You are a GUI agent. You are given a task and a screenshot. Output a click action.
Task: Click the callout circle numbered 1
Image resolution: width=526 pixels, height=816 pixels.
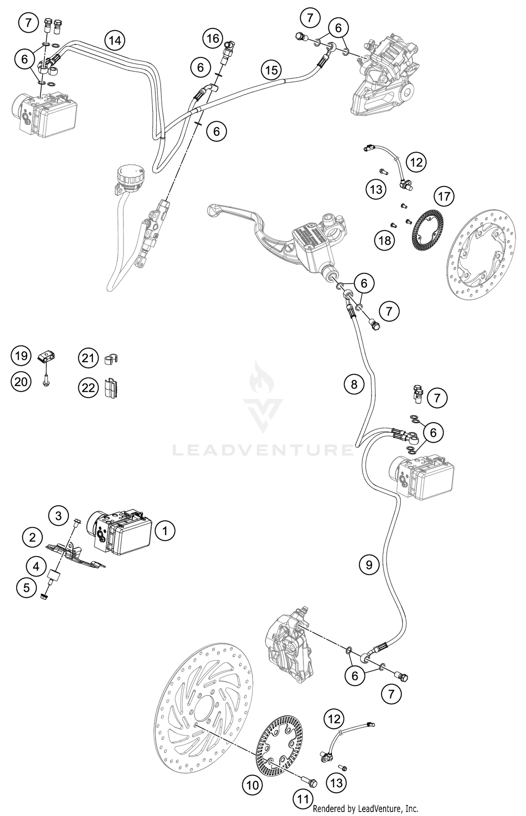pyautogui.click(x=165, y=531)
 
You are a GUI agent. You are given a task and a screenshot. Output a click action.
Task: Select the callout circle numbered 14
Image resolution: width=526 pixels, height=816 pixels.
pyautogui.click(x=115, y=41)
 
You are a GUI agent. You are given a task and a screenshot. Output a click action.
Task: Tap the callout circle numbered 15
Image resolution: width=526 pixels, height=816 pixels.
pyautogui.click(x=271, y=70)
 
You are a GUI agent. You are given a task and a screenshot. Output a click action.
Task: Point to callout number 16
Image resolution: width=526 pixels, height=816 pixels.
pyautogui.click(x=213, y=38)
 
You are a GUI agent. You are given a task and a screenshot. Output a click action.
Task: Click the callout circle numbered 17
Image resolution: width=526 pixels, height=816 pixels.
pyautogui.click(x=444, y=196)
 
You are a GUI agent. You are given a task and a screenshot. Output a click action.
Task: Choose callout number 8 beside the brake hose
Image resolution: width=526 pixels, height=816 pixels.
pyautogui.click(x=354, y=384)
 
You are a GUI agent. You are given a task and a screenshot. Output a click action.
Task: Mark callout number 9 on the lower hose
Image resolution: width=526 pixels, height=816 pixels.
pyautogui.click(x=369, y=564)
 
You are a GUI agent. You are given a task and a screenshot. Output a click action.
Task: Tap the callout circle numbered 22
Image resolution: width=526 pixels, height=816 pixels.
pyautogui.click(x=88, y=388)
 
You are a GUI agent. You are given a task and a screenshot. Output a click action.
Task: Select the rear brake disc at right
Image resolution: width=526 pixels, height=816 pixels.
pyautogui.click(x=482, y=254)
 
